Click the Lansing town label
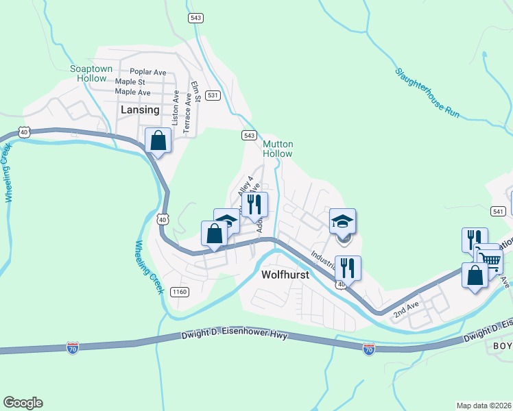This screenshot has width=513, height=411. pyautogui.click(x=140, y=110)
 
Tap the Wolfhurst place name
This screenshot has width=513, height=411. pyautogui.click(x=286, y=275)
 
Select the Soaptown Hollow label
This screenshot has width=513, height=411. pyautogui.click(x=88, y=73)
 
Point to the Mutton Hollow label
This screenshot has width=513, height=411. pyautogui.click(x=278, y=149)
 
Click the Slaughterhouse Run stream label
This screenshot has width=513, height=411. pyautogui.click(x=427, y=94)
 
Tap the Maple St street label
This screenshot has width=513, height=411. pyautogui.click(x=130, y=82)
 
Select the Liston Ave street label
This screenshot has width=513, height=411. pyautogui.click(x=176, y=105)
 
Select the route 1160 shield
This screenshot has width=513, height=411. pyautogui.click(x=180, y=292)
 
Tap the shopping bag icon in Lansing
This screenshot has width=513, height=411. pyautogui.click(x=158, y=140)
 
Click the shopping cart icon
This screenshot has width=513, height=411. pyautogui.click(x=490, y=258)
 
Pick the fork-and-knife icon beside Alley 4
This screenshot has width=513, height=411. pyautogui.click(x=254, y=204)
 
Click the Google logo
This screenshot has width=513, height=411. pyautogui.click(x=23, y=403)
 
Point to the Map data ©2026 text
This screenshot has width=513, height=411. pyautogui.click(x=484, y=406)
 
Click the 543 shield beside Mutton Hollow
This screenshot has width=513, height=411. pyautogui.click(x=249, y=136)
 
